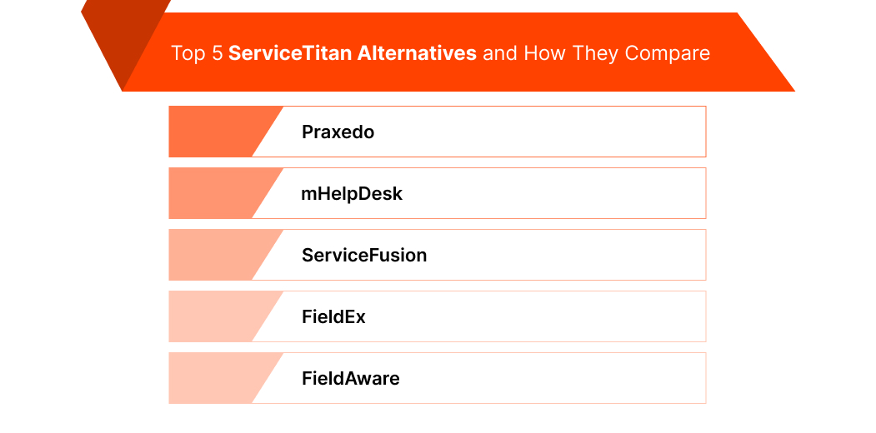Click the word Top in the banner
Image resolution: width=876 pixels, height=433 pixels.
187,53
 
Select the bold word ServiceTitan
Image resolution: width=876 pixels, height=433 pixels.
289,53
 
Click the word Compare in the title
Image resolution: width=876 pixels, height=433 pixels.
668,53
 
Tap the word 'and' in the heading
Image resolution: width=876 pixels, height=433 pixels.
500,53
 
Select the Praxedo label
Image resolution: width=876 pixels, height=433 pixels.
338,132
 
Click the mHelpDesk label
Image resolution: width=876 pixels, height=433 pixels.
352,194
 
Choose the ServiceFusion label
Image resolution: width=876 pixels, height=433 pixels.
364,256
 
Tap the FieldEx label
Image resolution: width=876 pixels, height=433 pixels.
333,317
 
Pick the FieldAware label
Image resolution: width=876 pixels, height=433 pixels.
350,379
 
